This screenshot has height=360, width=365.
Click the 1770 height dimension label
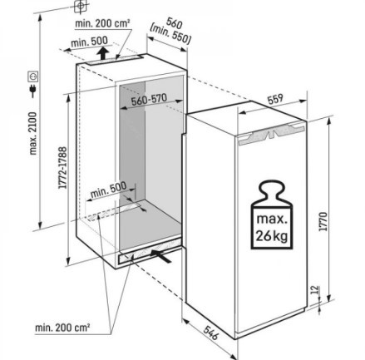(x=323, y=222)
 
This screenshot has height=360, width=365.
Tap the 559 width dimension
(x=274, y=99)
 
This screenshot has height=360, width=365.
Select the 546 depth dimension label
(x=210, y=333)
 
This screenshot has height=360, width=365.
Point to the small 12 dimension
(x=314, y=290)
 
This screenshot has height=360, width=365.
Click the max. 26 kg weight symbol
(x=272, y=215)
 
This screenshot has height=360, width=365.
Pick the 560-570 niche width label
(x=149, y=100)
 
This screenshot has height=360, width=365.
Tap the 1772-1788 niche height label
(x=63, y=168)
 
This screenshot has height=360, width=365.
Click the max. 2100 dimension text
(x=33, y=133)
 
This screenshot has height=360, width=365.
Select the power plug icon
(x=33, y=91)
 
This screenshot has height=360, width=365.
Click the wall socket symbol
(x=33, y=76)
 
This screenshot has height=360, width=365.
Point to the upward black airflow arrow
(x=103, y=52)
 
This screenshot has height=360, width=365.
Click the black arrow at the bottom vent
(x=160, y=256)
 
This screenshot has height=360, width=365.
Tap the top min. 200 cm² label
(x=102, y=23)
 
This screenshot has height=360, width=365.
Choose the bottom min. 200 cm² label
(x=62, y=328)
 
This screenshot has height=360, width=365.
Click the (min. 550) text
(x=170, y=35)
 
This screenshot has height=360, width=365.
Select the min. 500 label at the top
(x=89, y=42)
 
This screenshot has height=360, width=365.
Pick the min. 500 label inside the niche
(x=109, y=190)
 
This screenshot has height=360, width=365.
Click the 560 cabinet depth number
(x=175, y=23)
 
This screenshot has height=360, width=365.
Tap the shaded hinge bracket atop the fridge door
(x=273, y=133)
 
